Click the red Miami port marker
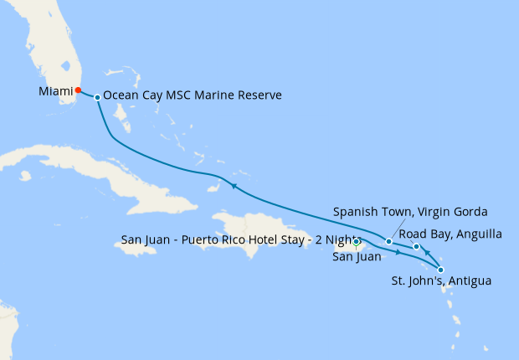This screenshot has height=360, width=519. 78,90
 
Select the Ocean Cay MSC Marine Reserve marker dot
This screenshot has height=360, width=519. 98,98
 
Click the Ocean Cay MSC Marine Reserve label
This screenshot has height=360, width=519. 193,96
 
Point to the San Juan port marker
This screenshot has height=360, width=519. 357,243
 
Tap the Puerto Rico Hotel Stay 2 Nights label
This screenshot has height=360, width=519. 239,239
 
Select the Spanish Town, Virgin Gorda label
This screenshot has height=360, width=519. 410,211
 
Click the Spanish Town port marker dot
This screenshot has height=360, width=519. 388,242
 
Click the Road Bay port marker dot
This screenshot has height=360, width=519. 416,246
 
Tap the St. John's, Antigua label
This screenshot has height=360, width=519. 442,281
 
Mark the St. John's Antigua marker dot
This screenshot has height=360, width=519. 441,270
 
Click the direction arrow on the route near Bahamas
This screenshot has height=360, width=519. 234,186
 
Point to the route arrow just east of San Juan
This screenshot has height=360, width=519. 398,251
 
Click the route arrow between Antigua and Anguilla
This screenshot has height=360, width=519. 427,253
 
